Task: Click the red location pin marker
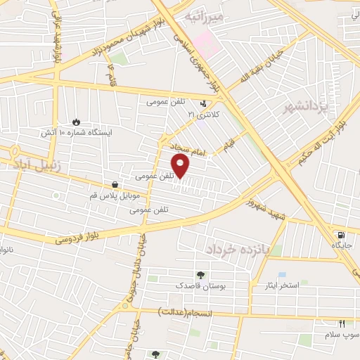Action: (181, 166)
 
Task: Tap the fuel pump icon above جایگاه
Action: (341, 235)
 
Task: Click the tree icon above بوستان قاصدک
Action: (202, 276)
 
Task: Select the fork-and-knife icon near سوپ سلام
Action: (342, 323)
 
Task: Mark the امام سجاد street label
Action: (186, 146)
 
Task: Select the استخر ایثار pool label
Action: (299, 285)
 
